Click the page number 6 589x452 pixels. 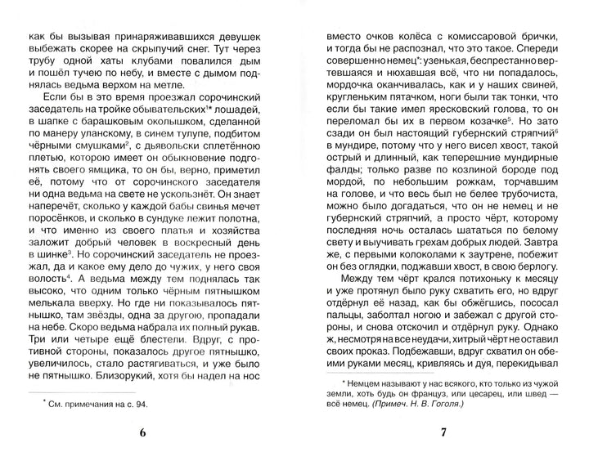143,432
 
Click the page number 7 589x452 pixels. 443,432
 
